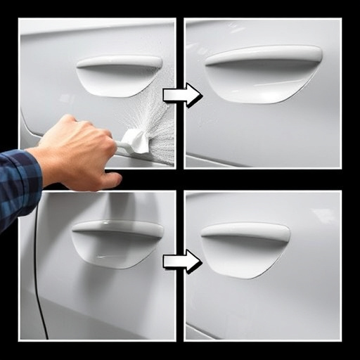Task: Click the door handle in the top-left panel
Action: (x=120, y=62)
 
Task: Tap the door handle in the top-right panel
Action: (x=264, y=56)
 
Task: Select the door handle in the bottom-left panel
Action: (x=117, y=229)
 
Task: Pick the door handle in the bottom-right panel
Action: (x=245, y=233)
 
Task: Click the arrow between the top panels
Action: (x=181, y=95)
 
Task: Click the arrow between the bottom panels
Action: (x=181, y=262)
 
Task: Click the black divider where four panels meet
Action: (x=180, y=179)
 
